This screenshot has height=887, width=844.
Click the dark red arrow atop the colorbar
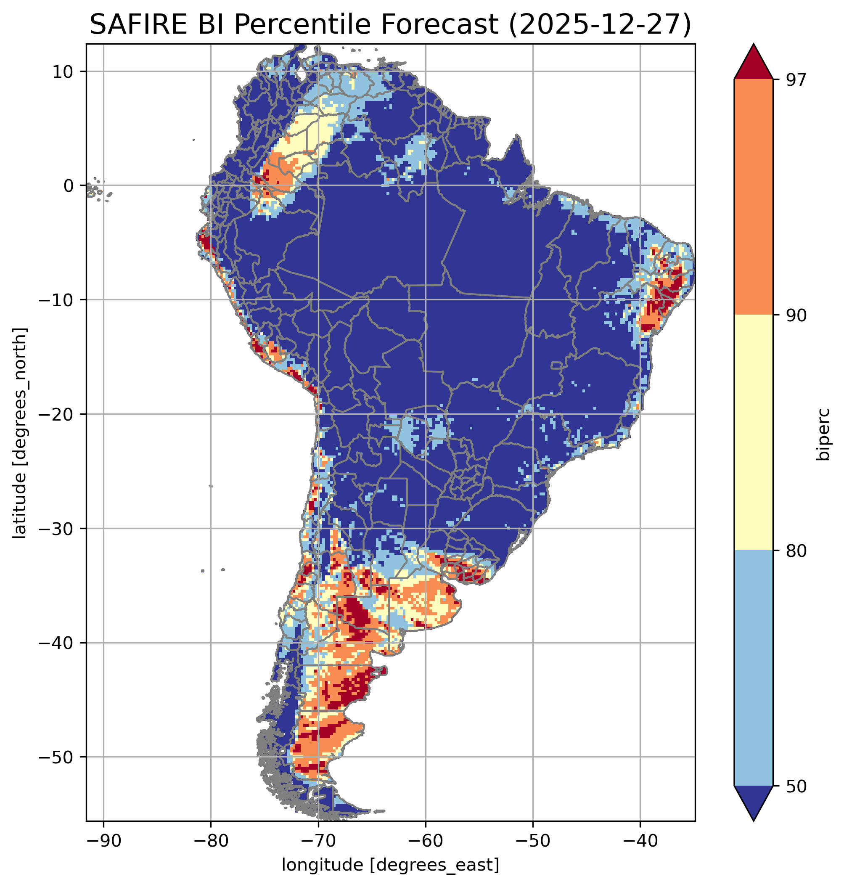753,63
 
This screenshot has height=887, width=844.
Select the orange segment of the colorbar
753,197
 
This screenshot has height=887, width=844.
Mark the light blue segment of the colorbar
753,669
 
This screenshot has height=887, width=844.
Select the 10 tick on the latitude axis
63,71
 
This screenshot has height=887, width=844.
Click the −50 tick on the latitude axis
56,757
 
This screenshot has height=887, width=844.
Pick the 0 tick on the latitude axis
69,185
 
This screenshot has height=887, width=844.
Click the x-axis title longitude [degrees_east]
391,865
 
